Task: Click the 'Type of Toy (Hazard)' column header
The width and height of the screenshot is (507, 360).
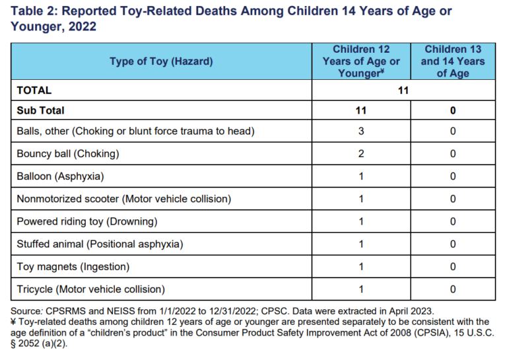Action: [161, 61]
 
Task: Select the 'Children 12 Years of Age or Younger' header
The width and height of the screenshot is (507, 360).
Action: [361, 61]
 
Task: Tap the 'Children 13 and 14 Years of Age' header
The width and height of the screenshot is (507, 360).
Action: [454, 61]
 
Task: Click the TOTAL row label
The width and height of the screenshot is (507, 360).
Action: [34, 90]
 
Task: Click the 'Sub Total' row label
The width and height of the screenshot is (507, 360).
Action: [41, 110]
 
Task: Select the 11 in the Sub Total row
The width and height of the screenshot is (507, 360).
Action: [361, 110]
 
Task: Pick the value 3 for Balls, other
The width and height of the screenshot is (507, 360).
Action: [361, 131]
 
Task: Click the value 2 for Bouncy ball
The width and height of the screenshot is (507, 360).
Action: [361, 154]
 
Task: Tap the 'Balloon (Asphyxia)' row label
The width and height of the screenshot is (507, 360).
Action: [61, 176]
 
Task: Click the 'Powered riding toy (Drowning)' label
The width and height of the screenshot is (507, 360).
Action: [87, 221]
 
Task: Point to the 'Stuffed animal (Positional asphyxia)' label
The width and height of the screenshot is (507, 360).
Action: [100, 244]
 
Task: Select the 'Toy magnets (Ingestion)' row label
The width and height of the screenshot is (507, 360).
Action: [73, 266]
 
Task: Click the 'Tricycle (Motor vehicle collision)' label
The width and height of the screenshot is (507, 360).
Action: [91, 289]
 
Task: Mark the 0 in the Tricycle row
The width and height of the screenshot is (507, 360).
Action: [453, 289]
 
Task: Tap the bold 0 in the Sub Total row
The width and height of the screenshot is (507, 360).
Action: [453, 110]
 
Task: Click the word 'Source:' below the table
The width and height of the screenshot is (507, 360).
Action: [27, 310]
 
